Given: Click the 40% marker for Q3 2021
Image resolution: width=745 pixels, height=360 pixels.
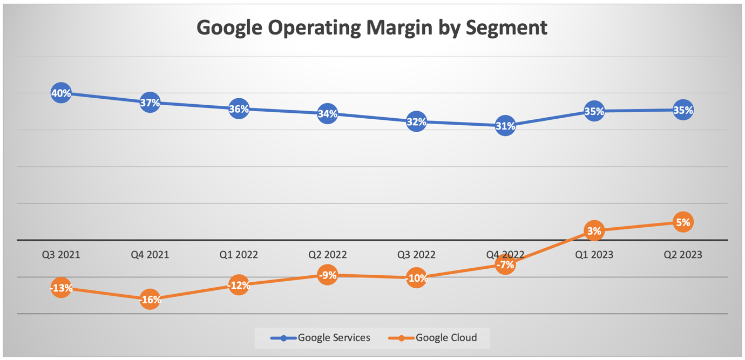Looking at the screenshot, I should (x=61, y=93).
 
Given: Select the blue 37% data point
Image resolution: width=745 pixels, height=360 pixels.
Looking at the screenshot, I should (x=150, y=103).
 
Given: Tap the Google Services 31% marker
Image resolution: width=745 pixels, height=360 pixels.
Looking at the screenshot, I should (x=505, y=126).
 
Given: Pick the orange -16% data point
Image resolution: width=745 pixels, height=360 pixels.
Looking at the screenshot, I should (x=150, y=300).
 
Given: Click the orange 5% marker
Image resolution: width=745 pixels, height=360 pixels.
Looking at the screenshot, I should (x=683, y=222).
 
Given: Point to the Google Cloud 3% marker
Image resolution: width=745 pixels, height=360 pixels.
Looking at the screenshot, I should (x=594, y=231).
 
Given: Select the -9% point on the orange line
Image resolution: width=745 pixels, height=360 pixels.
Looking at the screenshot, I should (x=328, y=275).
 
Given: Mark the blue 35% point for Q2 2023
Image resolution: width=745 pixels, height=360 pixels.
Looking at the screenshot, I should (x=683, y=110).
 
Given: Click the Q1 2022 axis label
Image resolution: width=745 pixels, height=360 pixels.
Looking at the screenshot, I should (x=239, y=255).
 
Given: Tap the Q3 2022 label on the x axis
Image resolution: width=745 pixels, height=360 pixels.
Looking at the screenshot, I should (x=416, y=255).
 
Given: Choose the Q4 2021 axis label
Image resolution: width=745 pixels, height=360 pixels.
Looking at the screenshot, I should (x=150, y=255).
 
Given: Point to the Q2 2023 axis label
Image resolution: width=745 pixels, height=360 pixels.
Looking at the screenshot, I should (x=683, y=255).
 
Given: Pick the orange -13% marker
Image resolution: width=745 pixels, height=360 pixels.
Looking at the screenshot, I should (x=61, y=288).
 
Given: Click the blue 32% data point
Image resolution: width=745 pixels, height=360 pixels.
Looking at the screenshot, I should (x=416, y=122).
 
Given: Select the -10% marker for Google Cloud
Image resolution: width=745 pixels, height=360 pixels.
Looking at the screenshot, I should (x=416, y=279).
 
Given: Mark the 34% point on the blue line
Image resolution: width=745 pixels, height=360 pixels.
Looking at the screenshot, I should (x=328, y=114).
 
